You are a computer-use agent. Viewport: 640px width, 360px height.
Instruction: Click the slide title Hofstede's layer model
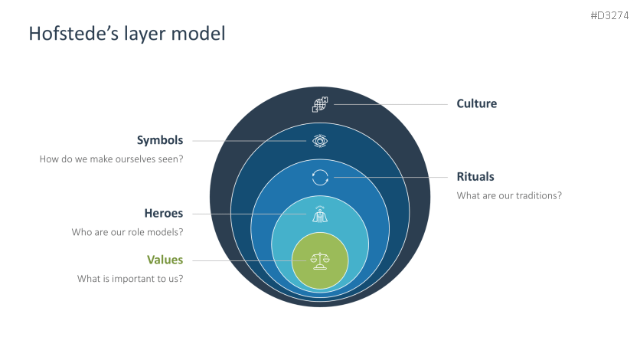click(x=126, y=34)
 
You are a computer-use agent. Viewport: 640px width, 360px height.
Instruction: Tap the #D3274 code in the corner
click(x=610, y=15)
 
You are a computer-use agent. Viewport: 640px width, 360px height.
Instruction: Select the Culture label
click(x=476, y=103)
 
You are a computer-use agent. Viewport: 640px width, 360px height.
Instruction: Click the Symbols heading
click(x=160, y=140)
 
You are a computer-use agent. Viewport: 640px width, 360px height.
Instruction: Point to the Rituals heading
click(x=475, y=176)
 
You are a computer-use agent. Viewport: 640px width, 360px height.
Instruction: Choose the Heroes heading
click(x=164, y=213)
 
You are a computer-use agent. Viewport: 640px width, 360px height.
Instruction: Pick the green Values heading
click(x=165, y=260)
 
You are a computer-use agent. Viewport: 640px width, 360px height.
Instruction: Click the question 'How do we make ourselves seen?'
click(x=112, y=159)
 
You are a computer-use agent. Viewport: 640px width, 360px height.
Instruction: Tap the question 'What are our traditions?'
click(x=509, y=195)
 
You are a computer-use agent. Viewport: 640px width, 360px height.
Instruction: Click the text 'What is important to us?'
click(x=130, y=279)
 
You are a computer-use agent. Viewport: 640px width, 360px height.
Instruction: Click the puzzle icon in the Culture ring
click(x=320, y=105)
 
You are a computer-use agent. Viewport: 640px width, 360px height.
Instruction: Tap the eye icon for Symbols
click(x=320, y=141)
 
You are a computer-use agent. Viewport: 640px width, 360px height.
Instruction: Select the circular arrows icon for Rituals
click(x=320, y=177)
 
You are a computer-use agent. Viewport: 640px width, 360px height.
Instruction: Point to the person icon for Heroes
click(x=320, y=214)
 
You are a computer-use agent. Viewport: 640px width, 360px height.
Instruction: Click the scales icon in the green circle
click(x=320, y=260)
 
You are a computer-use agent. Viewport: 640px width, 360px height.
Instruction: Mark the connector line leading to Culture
click(x=390, y=104)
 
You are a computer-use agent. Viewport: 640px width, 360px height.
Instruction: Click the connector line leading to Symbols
click(x=249, y=141)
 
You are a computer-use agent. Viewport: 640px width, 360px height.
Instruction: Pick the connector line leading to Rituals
click(x=390, y=177)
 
